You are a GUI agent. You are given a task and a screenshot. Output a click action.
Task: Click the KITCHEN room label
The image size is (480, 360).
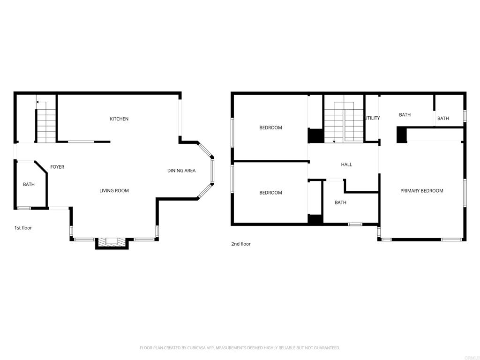point(119,119)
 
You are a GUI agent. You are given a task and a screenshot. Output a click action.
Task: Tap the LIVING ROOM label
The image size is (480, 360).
point(114,191)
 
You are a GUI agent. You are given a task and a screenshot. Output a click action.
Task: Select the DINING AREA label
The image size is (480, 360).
point(181,171)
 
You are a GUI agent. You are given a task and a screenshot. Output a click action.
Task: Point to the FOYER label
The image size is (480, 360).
point(57,167)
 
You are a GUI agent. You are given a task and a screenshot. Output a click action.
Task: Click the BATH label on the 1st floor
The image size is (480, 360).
point(29,185)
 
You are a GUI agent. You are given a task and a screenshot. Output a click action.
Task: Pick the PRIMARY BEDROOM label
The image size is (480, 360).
point(421,191)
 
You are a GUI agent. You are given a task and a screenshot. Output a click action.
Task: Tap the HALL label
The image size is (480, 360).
point(346,165)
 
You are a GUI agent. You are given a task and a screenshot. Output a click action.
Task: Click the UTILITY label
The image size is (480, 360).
point(373,118)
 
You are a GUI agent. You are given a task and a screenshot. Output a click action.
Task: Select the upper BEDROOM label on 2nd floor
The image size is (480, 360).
point(270,128)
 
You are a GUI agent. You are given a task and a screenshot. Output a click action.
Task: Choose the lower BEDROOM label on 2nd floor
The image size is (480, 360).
point(270,193)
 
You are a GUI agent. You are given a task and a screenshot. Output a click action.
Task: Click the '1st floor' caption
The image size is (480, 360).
point(23,228)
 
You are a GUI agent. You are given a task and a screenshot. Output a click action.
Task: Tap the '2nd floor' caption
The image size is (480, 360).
point(241,244)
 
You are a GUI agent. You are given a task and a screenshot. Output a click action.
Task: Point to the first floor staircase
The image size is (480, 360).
point(46,126)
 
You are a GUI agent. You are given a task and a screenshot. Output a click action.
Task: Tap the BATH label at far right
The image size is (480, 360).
point(443,119)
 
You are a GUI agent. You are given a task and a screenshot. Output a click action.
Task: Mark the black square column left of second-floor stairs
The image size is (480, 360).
point(315,135)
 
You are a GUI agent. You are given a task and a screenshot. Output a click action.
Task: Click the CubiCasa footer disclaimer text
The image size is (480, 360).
point(240,348)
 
